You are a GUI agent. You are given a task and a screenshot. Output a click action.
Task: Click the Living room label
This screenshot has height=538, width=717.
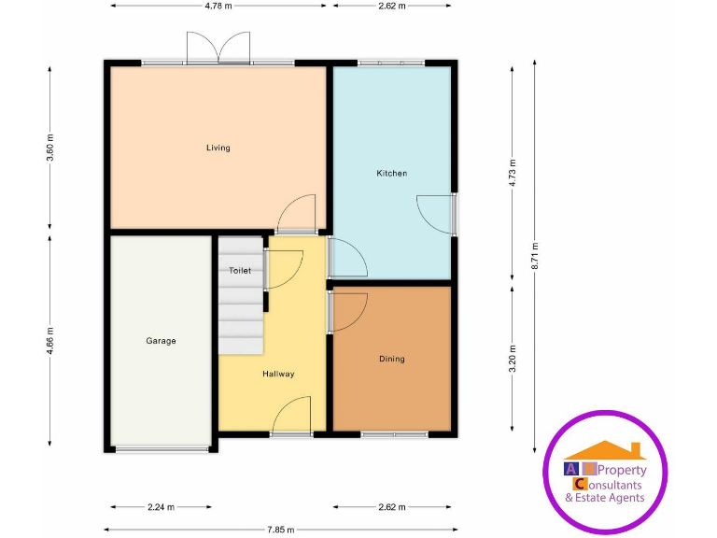(218, 148)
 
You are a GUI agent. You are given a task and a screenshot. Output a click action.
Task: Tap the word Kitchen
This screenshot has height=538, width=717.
(391, 173)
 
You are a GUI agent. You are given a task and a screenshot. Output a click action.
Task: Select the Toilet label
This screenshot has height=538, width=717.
(240, 270)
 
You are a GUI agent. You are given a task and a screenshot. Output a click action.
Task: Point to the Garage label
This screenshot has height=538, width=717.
(161, 341)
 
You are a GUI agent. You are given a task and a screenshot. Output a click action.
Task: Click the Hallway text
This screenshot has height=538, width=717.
(278, 374)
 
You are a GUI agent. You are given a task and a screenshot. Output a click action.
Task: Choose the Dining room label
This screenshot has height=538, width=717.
(392, 359)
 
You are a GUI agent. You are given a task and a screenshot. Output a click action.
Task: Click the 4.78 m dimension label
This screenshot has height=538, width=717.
(218, 6)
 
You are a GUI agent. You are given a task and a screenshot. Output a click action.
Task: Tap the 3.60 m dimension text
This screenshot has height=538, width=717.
(50, 148)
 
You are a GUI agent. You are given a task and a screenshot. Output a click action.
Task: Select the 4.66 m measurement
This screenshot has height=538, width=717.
(50, 341)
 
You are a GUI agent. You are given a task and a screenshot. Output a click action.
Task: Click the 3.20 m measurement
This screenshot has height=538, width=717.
(513, 359)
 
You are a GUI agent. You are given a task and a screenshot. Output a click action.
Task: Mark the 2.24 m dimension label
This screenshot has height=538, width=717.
(161, 507)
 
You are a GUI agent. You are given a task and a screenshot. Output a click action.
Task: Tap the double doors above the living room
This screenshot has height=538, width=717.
(218, 47)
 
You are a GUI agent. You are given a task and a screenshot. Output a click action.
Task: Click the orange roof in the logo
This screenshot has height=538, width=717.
(605, 450)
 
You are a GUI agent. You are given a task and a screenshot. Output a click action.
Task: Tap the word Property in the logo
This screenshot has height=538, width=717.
(621, 470)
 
